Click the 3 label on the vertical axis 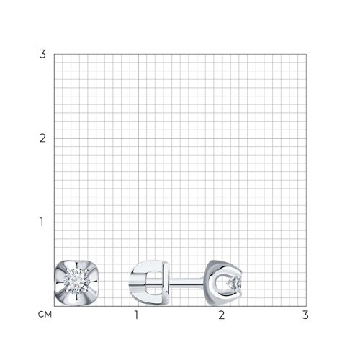click(42, 54)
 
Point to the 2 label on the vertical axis click(42, 138)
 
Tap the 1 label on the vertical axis click(42, 222)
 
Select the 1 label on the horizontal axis click(137, 315)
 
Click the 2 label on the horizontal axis click(222, 315)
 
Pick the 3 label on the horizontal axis click(305, 315)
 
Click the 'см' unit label click(45, 314)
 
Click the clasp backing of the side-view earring click(149, 283)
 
